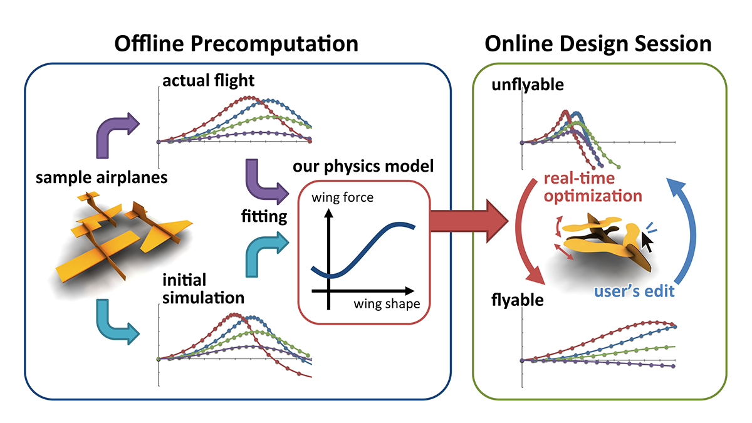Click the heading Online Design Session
[598, 44]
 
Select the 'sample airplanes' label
[101, 177]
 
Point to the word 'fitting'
[264, 217]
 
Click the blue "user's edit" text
[634, 291]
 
